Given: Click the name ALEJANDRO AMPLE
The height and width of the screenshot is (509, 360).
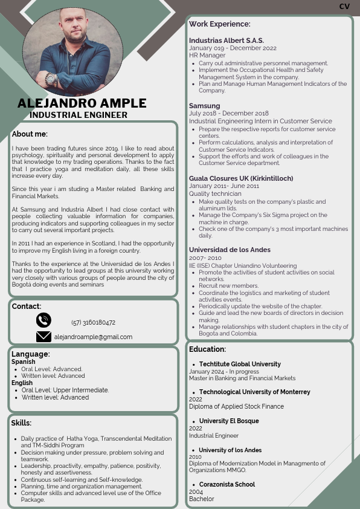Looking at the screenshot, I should tap(82, 103).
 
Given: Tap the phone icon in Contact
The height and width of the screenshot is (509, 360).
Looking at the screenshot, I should tap(43, 320).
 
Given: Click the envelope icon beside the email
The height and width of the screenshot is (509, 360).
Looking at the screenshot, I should tap(43, 337).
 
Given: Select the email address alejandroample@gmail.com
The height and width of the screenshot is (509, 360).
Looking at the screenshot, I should tap(93, 337).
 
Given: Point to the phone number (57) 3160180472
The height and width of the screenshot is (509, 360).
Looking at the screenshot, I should tap(93, 322).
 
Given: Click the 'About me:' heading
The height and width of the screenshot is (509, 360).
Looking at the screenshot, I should tap(30, 134).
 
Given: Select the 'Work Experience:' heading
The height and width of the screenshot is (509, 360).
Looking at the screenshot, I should tap(219, 24).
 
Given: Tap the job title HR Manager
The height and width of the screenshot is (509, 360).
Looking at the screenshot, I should tap(207, 55).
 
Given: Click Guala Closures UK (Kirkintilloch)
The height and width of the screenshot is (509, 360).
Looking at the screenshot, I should tap(241, 178).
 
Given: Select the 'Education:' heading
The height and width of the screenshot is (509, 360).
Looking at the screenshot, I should tap(207, 349).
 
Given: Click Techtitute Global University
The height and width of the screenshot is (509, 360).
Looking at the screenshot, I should tap(240, 364).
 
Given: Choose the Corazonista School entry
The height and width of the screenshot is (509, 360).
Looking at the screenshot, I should tap(227, 484).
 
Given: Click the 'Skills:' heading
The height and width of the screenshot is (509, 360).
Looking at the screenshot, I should tap(21, 423).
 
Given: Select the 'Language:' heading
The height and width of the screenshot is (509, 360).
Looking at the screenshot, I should tap(31, 354).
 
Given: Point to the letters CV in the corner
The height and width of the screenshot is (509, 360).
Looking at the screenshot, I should tap(344, 6).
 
